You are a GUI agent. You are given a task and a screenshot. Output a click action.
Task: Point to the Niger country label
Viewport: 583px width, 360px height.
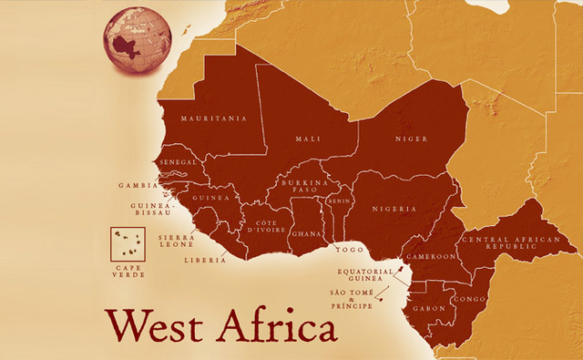[410, 139]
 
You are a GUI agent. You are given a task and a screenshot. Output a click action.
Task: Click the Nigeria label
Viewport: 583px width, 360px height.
[394, 208]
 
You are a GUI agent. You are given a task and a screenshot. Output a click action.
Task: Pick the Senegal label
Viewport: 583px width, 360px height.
[178, 162]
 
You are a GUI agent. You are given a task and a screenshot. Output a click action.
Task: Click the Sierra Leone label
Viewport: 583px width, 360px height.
[177, 242]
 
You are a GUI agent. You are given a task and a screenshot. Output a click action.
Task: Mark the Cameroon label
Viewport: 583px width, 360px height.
[431, 257]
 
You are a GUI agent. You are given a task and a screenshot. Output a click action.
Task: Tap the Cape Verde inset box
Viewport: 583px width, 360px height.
[128, 242]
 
